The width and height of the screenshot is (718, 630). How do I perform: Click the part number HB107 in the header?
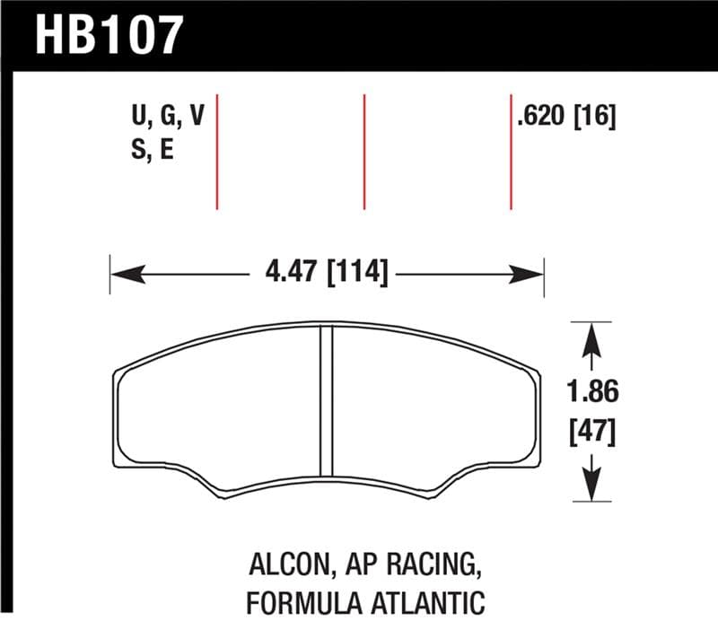point(109,35)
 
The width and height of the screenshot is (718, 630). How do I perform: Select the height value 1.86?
point(594,392)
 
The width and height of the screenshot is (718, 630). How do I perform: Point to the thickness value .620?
point(541,118)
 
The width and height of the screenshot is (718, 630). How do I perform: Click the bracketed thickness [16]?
point(594,118)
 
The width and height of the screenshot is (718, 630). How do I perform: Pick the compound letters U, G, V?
point(168,118)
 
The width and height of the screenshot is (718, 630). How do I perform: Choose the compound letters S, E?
point(152,150)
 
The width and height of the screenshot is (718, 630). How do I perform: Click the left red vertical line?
point(218,150)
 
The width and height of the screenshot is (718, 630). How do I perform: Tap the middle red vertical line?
point(364,150)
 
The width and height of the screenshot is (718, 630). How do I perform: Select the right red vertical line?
point(511,150)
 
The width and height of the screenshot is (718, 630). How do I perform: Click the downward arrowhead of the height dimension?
point(592,486)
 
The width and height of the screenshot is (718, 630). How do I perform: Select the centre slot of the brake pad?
point(327,399)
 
